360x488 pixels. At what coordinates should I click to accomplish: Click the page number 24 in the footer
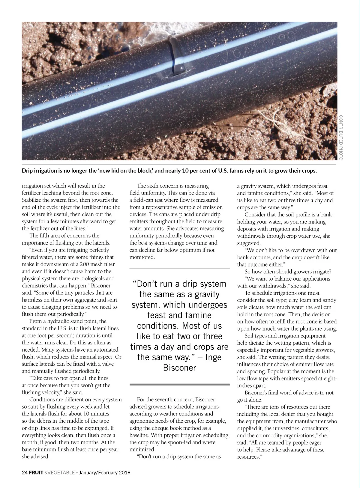(25, 473)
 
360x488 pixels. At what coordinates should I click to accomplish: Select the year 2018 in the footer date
(124, 473)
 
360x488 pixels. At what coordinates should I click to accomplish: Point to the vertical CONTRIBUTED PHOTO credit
(341, 138)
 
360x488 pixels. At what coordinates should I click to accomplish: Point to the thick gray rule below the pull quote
(179, 384)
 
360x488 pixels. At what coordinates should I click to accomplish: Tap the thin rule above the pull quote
(179, 268)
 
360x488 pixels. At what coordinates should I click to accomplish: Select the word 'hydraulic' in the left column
(58, 321)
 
